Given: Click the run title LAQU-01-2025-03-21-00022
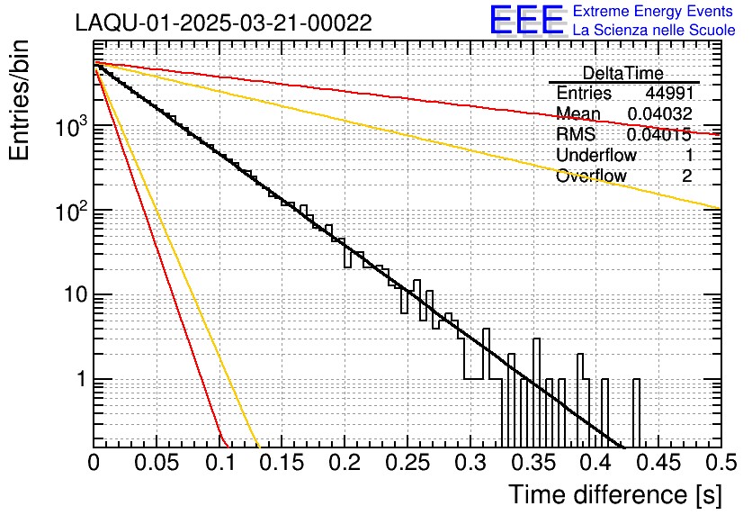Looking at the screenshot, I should point(224,23).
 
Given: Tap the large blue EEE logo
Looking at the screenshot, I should point(526,21).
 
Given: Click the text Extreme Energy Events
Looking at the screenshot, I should point(653,12).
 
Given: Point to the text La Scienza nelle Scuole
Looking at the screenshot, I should point(653,31).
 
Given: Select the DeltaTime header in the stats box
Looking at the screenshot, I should point(622,73).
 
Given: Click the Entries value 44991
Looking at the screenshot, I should point(668,93).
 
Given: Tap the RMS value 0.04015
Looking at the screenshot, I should point(659,134).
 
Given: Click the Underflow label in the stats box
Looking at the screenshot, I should point(596,155).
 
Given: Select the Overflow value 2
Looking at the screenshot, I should point(686,176).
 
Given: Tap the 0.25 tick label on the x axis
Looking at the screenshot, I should point(407,464).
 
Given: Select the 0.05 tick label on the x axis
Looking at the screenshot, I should point(157,464).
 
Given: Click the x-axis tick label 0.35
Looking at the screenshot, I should point(532,464).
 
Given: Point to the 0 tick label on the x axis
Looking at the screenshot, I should point(94,464).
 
